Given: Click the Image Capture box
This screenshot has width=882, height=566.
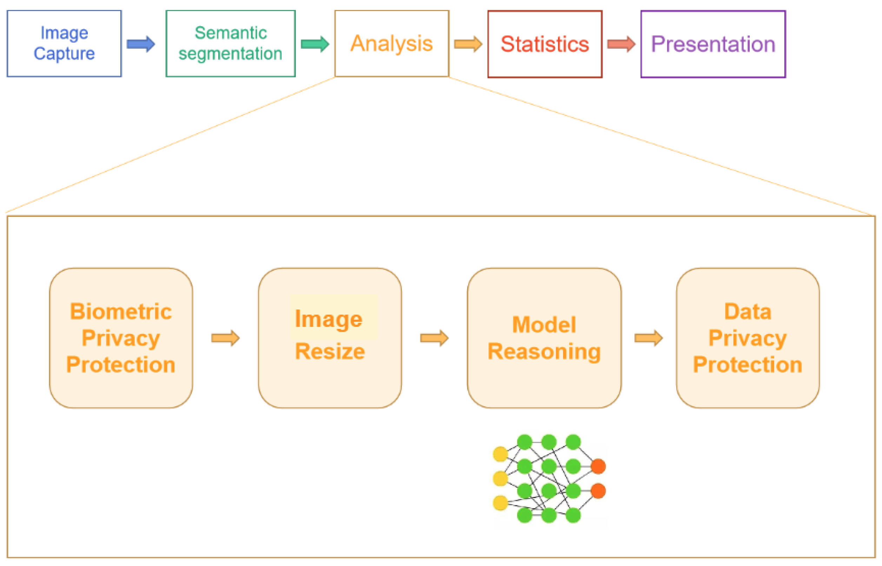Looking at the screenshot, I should pyautogui.click(x=64, y=43).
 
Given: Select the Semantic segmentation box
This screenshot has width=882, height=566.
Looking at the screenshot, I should pyautogui.click(x=230, y=43).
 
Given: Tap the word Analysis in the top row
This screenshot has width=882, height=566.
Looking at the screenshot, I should pyautogui.click(x=391, y=43).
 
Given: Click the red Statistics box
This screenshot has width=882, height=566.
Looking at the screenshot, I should pyautogui.click(x=545, y=44).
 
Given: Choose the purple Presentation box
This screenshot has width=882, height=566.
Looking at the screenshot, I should pyautogui.click(x=713, y=44).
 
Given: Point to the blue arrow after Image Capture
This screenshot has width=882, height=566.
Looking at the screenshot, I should pyautogui.click(x=140, y=44).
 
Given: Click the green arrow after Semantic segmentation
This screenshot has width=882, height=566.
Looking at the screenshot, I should pyautogui.click(x=314, y=44).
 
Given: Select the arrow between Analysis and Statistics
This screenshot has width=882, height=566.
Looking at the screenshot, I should pyautogui.click(x=468, y=44).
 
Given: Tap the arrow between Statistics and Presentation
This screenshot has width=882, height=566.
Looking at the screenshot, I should pyautogui.click(x=621, y=44).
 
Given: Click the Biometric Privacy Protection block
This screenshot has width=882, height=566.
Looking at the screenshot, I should pyautogui.click(x=121, y=338).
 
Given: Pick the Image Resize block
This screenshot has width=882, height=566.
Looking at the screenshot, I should pyautogui.click(x=330, y=338).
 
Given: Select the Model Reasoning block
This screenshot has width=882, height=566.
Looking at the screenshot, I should pyautogui.click(x=544, y=338).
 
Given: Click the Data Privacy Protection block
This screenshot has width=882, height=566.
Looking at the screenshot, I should pyautogui.click(x=747, y=338).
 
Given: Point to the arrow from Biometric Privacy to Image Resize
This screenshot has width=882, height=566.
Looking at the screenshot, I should pyautogui.click(x=225, y=338).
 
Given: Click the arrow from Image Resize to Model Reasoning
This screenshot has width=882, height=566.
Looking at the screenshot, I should pyautogui.click(x=434, y=338).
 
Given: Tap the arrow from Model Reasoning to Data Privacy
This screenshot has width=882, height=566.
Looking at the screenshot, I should pyautogui.click(x=648, y=338).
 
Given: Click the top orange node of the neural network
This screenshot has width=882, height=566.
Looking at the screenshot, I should pyautogui.click(x=598, y=466).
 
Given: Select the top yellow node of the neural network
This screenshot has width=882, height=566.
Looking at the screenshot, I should pyautogui.click(x=500, y=454).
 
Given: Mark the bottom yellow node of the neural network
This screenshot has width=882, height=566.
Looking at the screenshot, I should pyautogui.click(x=500, y=503).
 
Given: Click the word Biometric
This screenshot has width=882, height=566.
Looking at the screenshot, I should pyautogui.click(x=121, y=312).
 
